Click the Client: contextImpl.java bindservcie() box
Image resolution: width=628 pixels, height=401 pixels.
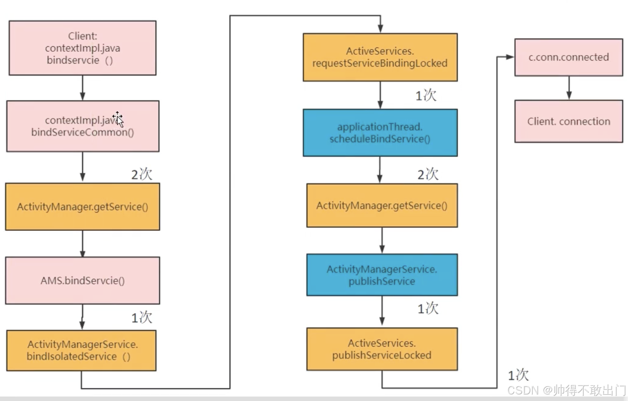click(83, 48)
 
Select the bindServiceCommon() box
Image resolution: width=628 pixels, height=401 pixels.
click(83, 126)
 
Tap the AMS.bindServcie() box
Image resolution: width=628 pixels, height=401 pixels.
click(83, 280)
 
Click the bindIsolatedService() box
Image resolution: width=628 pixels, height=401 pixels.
click(81, 350)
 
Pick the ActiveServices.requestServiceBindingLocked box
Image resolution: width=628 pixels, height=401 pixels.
click(380, 57)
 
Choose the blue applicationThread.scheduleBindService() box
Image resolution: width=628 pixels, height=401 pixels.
click(380, 133)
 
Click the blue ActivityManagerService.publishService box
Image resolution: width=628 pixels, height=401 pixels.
click(382, 275)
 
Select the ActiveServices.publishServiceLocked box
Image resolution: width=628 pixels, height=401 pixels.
click(382, 349)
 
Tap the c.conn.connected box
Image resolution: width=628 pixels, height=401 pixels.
click(569, 57)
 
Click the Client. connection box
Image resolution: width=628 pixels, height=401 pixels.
click(569, 121)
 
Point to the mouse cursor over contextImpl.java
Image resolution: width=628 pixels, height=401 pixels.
click(118, 119)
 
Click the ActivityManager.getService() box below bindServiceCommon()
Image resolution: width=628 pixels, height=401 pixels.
click(83, 207)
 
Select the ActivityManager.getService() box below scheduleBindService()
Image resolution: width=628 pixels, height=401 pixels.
click(382, 206)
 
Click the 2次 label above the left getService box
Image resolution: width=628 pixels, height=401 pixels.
click(142, 174)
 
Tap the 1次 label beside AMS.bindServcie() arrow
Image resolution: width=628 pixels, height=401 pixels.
click(142, 318)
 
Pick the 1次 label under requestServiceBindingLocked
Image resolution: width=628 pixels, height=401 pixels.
click(425, 95)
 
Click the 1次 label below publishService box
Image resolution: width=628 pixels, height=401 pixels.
click(428, 308)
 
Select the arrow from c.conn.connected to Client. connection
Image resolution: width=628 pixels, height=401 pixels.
click(569, 88)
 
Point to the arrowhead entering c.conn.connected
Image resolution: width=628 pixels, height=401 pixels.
click(510, 57)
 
